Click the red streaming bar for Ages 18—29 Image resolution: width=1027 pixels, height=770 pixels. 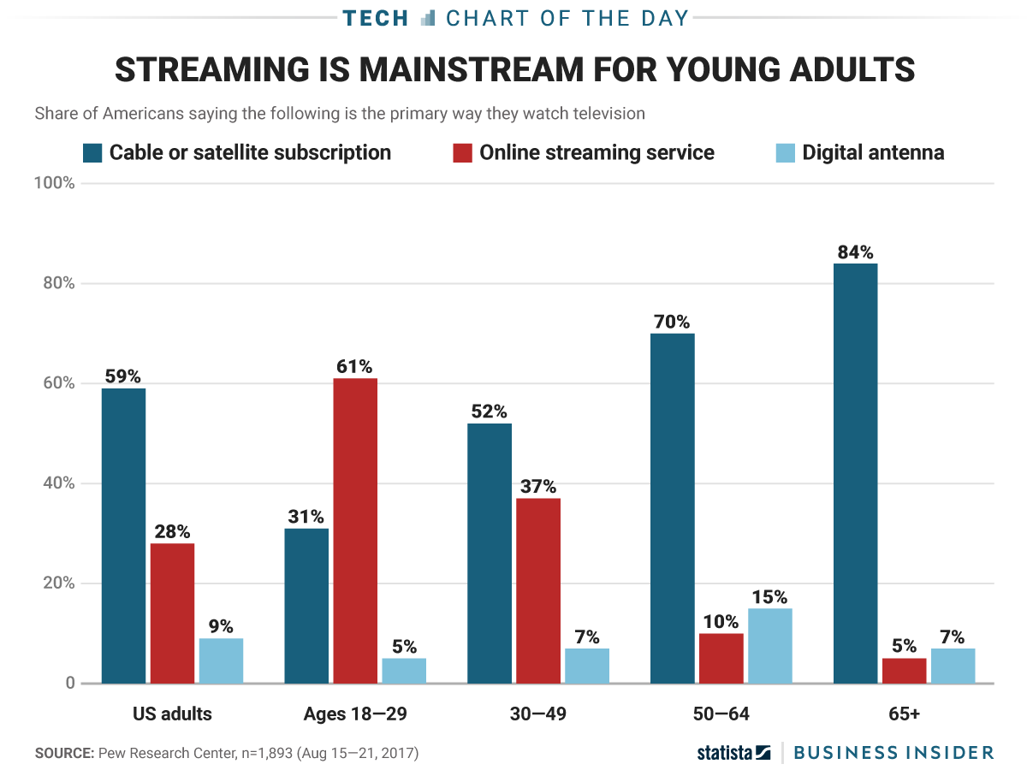(355, 530)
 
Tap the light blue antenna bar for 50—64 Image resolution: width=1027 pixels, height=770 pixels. (769, 646)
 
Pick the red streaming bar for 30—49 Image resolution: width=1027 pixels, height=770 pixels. (538, 590)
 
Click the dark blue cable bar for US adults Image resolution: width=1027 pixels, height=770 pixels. (123, 536)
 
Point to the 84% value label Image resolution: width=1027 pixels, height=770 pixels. (855, 252)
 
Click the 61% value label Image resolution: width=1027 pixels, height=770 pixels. (355, 367)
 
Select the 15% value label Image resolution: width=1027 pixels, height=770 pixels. (769, 597)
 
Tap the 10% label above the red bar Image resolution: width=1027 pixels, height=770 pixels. (721, 622)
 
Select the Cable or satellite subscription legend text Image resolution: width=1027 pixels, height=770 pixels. (250, 153)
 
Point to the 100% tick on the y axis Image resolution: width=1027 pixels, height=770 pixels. (55, 184)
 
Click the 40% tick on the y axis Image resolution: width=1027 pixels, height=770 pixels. (59, 483)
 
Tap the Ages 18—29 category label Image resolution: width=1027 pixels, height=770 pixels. (355, 714)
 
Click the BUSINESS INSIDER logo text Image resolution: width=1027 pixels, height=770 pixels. (893, 753)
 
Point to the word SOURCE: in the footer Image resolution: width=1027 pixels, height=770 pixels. (64, 754)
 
